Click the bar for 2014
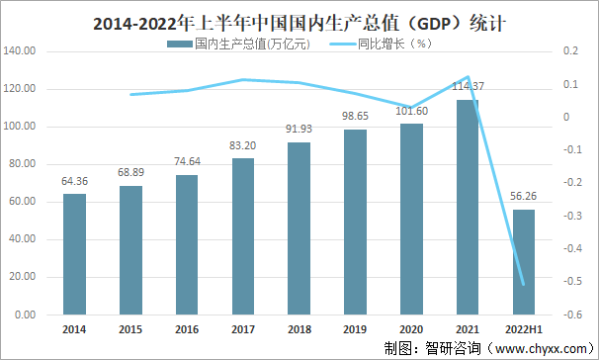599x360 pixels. pyautogui.click(x=74, y=253)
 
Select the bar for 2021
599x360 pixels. pyautogui.click(x=468, y=207)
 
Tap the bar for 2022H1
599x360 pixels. pyautogui.click(x=524, y=261)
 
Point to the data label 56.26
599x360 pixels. pyautogui.click(x=524, y=196)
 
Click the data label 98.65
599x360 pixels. pyautogui.click(x=355, y=116)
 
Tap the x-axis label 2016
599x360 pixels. pyautogui.click(x=187, y=330)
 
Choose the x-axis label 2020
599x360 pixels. pyautogui.click(x=411, y=330)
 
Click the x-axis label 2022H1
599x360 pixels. pyautogui.click(x=524, y=330)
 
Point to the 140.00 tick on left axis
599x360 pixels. pyautogui.click(x=23, y=51)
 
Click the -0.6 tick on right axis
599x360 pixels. pyautogui.click(x=571, y=315)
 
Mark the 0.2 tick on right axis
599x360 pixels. pyautogui.click(x=569, y=51)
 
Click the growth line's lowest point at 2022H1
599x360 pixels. pyautogui.click(x=524, y=285)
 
